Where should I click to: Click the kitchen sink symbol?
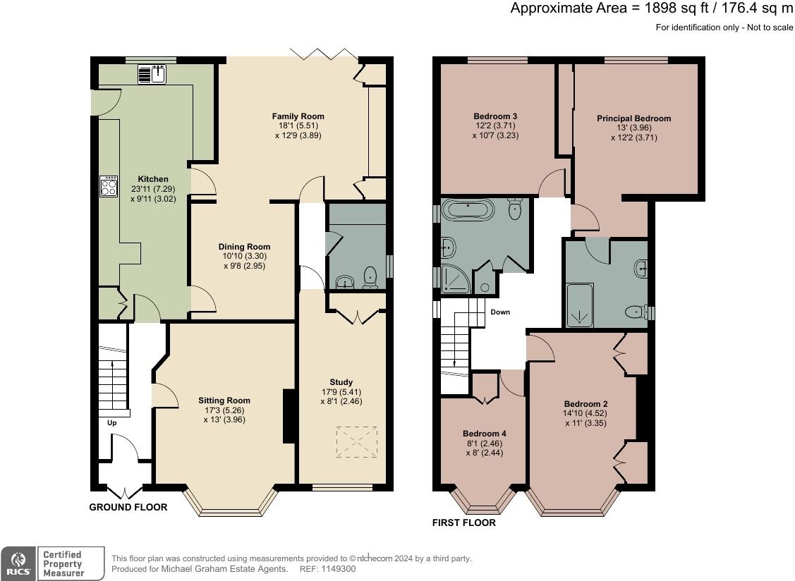pos(152,73)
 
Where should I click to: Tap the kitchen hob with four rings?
pos(109,186)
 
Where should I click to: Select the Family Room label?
pos(298,116)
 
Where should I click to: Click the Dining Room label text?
pos(243,247)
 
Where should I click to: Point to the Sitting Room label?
pos(224,400)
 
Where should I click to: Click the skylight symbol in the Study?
pos(356,442)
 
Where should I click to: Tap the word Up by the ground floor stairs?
pos(111,423)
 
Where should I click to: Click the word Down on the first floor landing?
pos(500,312)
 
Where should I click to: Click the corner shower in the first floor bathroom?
pos(456,279)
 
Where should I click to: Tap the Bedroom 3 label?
pos(495,116)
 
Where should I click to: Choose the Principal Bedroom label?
pos(633,118)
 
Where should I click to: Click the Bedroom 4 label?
pos(484,434)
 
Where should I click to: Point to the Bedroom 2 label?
pos(585,404)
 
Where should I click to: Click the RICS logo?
pos(18,563)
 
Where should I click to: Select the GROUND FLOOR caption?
pos(128,507)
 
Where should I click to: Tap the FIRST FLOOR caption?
pos(463,523)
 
